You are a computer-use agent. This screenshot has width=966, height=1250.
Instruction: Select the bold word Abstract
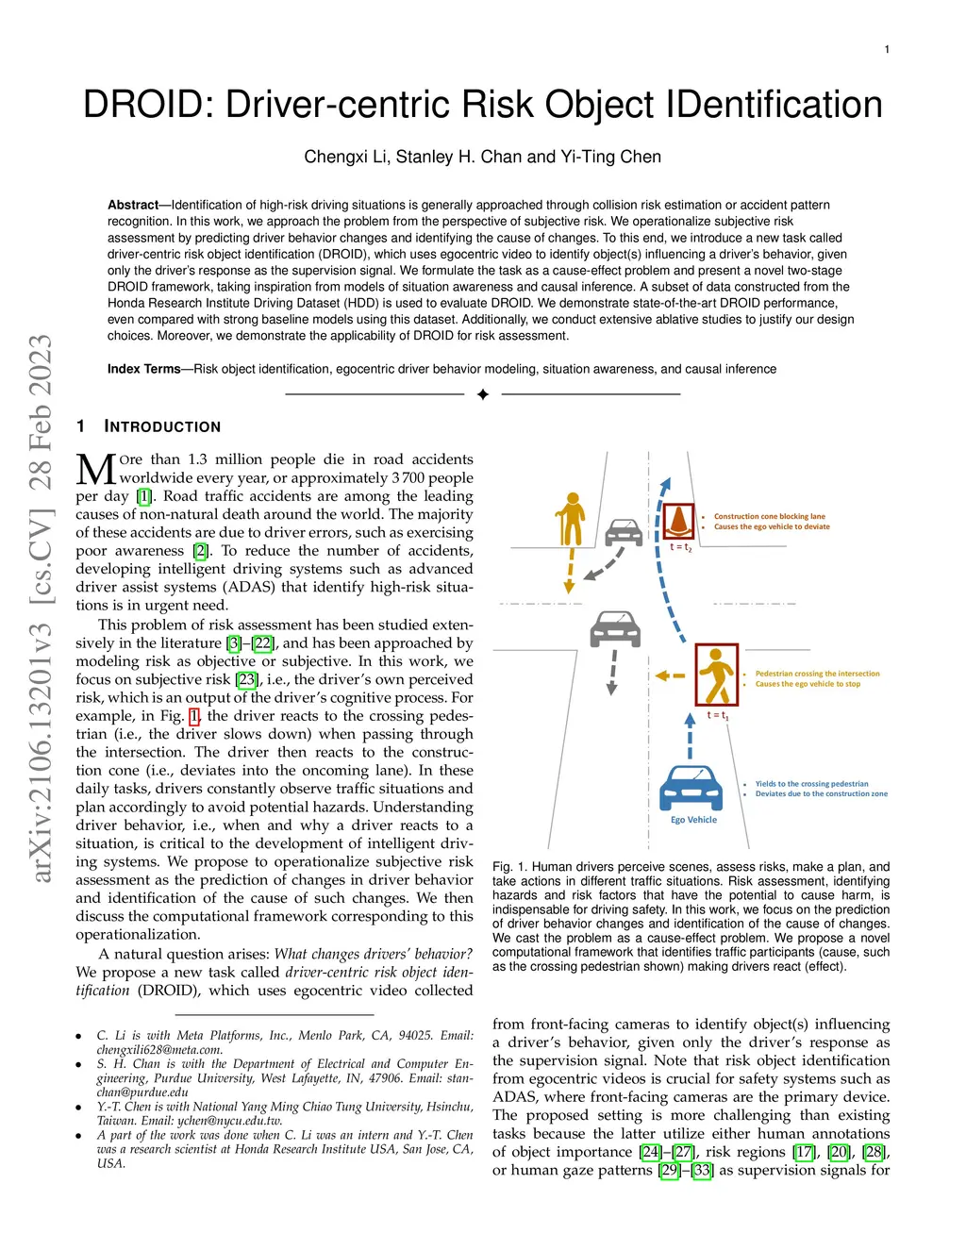click(x=133, y=205)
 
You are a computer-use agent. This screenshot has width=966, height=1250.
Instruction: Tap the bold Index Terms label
click(x=143, y=369)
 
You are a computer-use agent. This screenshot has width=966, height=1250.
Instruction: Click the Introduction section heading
click(x=162, y=426)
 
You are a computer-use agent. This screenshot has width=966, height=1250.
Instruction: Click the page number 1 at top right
click(x=887, y=49)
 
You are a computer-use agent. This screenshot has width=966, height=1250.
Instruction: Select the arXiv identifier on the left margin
click(x=42, y=608)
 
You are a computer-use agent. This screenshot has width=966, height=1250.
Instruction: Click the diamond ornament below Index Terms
click(x=483, y=394)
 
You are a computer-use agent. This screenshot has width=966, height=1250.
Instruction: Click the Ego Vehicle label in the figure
click(x=693, y=820)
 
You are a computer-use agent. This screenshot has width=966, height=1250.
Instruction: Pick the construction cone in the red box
click(x=678, y=521)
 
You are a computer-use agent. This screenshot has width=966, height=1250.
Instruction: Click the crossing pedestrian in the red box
click(x=717, y=675)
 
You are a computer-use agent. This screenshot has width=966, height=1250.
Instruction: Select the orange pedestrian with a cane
click(x=570, y=520)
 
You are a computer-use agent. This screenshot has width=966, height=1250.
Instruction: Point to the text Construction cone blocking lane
click(x=769, y=517)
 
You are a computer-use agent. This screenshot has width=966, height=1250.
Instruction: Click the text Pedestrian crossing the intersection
click(x=817, y=674)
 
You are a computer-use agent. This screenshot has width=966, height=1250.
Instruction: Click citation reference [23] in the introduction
click(x=246, y=679)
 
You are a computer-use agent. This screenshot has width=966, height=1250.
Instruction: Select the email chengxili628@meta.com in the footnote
click(x=159, y=1049)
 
